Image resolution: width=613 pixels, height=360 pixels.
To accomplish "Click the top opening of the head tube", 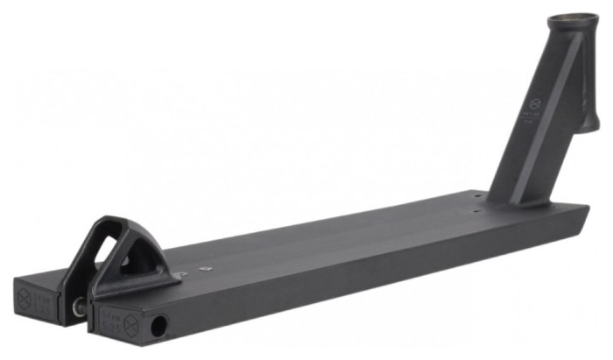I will pos(573,18).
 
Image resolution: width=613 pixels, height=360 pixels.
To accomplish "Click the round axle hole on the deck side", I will pos(159,327).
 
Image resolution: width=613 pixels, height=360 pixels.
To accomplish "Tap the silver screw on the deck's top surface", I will pos(207,269).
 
